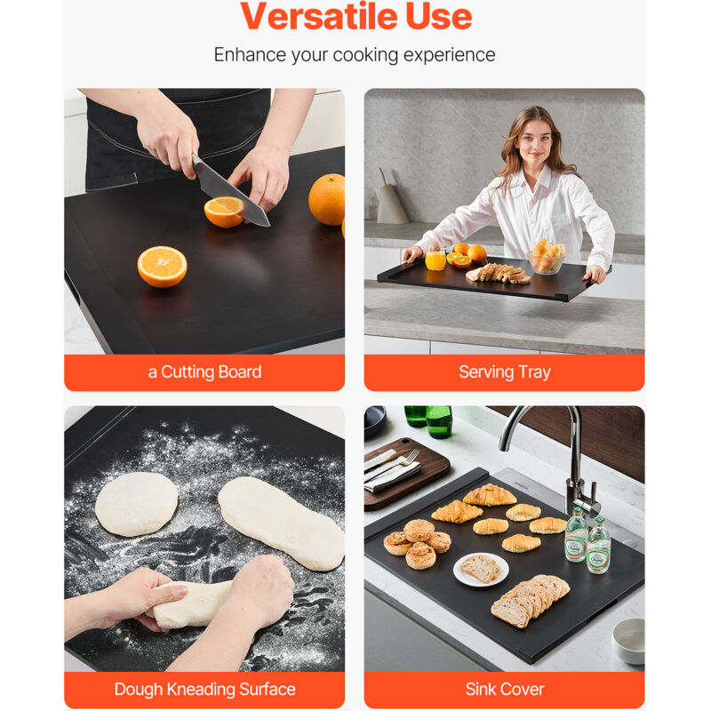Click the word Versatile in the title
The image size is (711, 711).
pyautogui.click(x=319, y=16)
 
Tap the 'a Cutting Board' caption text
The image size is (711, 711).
pyautogui.click(x=204, y=371)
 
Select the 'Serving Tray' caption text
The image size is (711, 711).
pyautogui.click(x=504, y=372)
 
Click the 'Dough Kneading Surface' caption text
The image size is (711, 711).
pyautogui.click(x=204, y=690)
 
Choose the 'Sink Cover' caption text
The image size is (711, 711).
pyautogui.click(x=504, y=690)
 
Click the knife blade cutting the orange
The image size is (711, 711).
pyautogui.click(x=231, y=192)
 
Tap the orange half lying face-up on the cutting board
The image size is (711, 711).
pyautogui.click(x=162, y=267)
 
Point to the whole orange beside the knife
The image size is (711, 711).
pyautogui.click(x=327, y=199)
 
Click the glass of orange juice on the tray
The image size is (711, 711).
pyautogui.click(x=435, y=259)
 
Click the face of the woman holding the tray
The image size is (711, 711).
pyautogui.click(x=535, y=140)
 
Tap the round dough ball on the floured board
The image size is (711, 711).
pyautogui.click(x=137, y=504)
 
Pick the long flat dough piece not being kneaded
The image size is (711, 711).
pyautogui.click(x=281, y=523)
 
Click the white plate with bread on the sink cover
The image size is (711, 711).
pyautogui.click(x=481, y=569)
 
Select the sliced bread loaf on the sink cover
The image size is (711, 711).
pyautogui.click(x=530, y=599)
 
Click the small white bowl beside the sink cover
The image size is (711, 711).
pyautogui.click(x=629, y=640)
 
